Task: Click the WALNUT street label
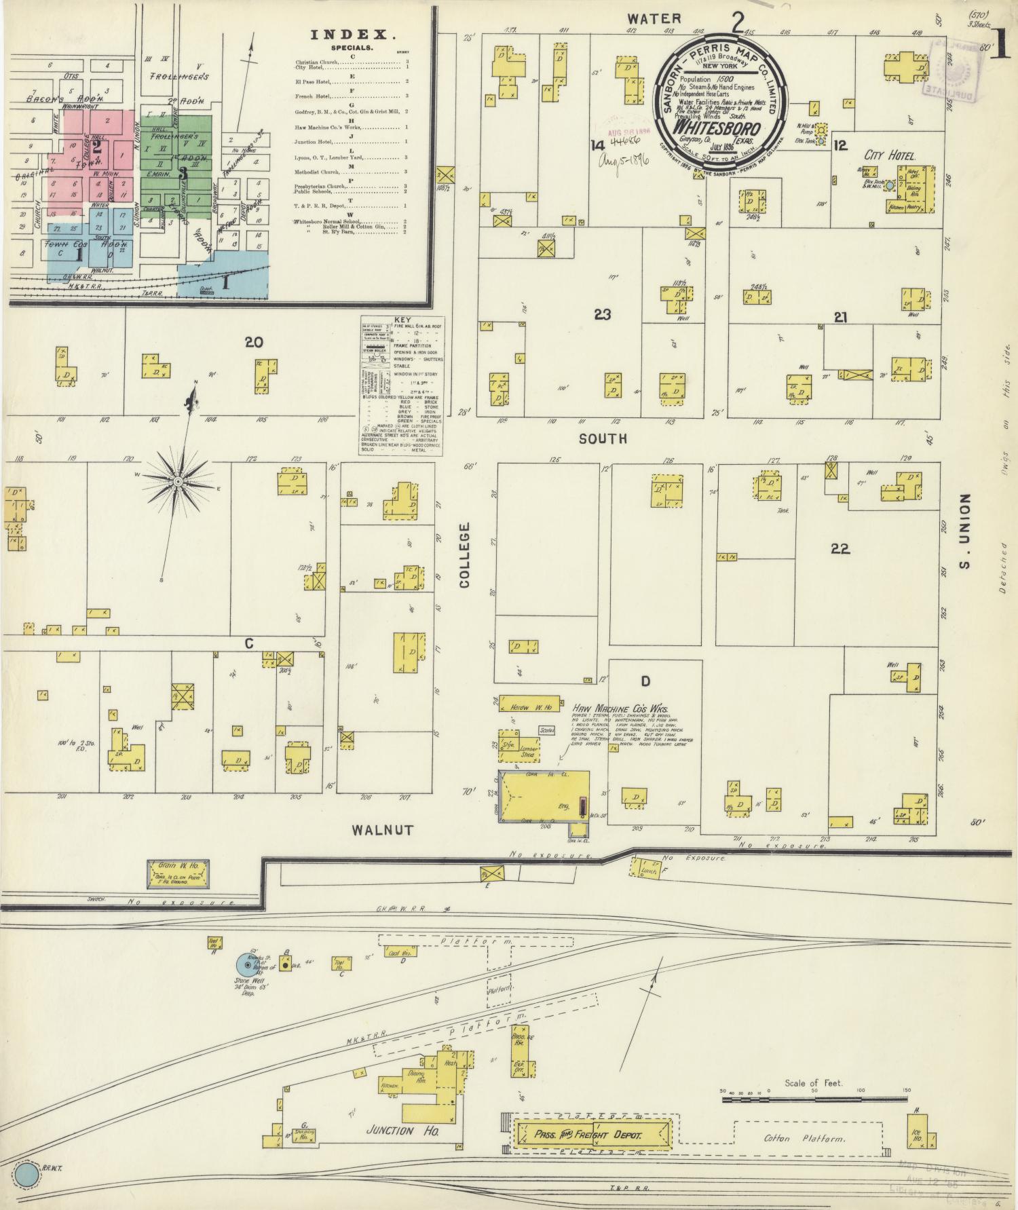[x=383, y=830]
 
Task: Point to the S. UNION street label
[x=965, y=531]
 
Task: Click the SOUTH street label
[x=603, y=439]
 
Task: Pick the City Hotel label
[x=891, y=155]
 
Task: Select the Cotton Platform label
[x=804, y=1138]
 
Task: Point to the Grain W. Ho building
[x=178, y=873]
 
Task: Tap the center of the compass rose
[x=177, y=481]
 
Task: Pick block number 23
[x=602, y=314]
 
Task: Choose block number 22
[x=840, y=548]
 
